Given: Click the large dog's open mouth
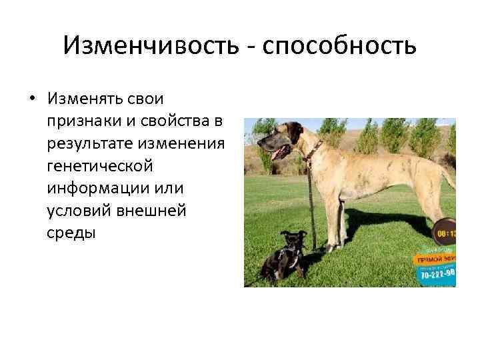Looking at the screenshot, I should (278, 152).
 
